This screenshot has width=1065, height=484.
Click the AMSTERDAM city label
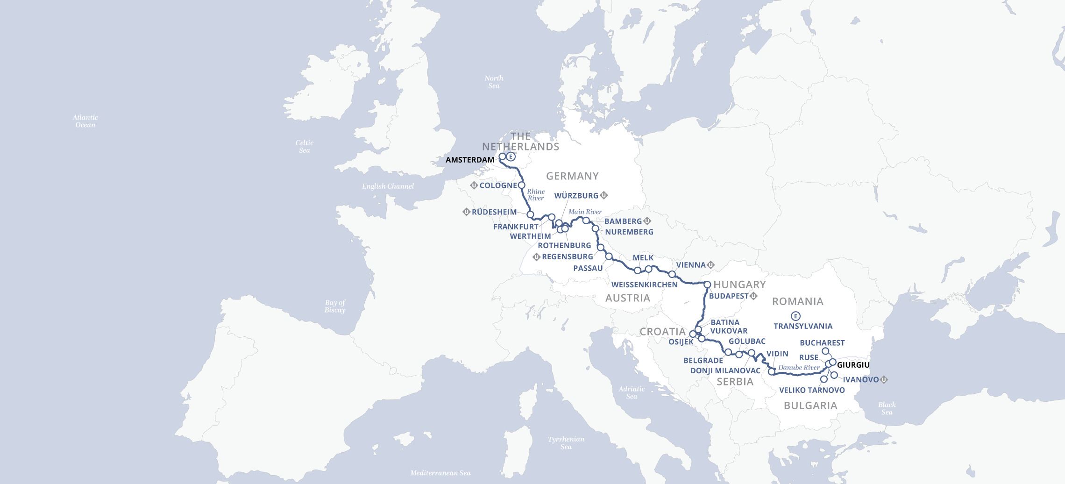(x=469, y=160)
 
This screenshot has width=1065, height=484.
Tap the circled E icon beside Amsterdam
(x=511, y=157)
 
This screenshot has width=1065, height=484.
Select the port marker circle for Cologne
(x=522, y=185)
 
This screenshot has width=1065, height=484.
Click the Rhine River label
(x=536, y=195)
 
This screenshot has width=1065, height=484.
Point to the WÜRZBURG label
(x=576, y=196)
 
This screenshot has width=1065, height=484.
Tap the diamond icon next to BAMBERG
(x=647, y=221)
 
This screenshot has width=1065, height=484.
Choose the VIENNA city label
(x=691, y=265)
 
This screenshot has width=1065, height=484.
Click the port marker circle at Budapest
(x=707, y=285)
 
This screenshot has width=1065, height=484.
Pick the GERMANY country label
(x=572, y=176)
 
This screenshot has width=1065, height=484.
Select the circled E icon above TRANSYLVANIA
(x=796, y=316)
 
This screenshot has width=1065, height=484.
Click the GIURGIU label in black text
(x=853, y=365)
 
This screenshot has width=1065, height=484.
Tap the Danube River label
(x=799, y=368)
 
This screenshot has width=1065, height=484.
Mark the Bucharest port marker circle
(x=825, y=351)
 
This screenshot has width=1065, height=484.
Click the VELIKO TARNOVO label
(x=812, y=390)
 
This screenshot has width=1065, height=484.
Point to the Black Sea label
(x=887, y=408)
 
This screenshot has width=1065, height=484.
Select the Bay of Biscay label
(x=335, y=306)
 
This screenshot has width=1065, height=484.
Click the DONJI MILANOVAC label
(x=725, y=370)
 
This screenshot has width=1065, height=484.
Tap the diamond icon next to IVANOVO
(x=884, y=380)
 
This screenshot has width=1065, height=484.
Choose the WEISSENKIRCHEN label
(x=644, y=285)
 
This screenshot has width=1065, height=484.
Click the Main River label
(x=585, y=212)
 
